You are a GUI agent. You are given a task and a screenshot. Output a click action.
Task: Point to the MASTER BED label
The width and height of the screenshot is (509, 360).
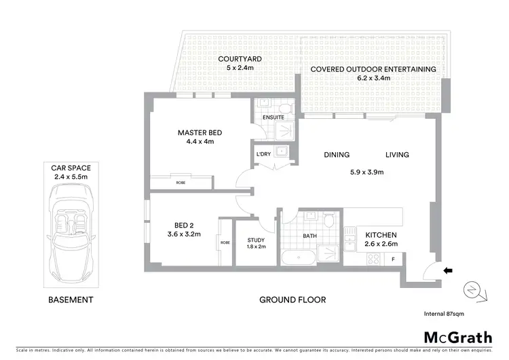200,132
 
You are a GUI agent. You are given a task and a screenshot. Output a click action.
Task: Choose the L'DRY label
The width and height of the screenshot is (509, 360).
264,155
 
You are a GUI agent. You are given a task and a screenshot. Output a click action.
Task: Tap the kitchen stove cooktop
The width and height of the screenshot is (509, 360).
374,258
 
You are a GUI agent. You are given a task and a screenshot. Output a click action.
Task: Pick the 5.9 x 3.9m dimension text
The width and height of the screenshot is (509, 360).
366,172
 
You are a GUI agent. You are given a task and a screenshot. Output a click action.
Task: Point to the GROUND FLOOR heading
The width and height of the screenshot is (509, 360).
293,300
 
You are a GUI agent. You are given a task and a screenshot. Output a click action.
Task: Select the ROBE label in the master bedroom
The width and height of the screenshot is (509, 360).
181,182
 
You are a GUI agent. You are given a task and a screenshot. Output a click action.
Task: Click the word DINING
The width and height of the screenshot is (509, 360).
337,155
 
